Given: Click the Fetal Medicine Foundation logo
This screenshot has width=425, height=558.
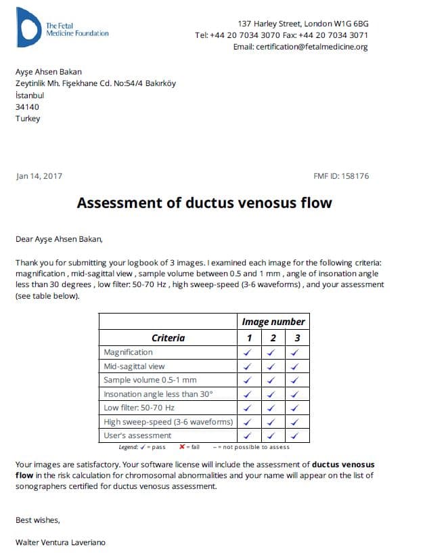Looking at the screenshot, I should pos(29,27).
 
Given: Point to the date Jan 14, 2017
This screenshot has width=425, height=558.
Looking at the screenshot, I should pos(39,176).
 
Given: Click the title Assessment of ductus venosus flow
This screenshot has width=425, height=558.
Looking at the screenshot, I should pos(204,202).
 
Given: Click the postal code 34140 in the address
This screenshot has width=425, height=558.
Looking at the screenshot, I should pos(27,107).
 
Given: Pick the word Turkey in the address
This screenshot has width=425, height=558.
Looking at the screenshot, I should pos(28,119).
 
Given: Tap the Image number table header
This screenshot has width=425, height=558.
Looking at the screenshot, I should pos(273,322).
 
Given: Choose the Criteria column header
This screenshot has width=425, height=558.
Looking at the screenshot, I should pos(168,337).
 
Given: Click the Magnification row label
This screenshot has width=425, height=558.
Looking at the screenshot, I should pos(128,352).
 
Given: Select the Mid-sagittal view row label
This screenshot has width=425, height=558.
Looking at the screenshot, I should pos(134,366).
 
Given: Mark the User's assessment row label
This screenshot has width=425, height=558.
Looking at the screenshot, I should pos(137,435).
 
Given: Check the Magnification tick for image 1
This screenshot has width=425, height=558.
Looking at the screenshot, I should pos(248,352).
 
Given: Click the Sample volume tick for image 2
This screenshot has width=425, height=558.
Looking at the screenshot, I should pos(272,380).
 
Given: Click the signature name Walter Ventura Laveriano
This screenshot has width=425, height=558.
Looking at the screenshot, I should pos(60,542).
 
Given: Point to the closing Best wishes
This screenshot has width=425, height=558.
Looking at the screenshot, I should pos(37,520).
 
